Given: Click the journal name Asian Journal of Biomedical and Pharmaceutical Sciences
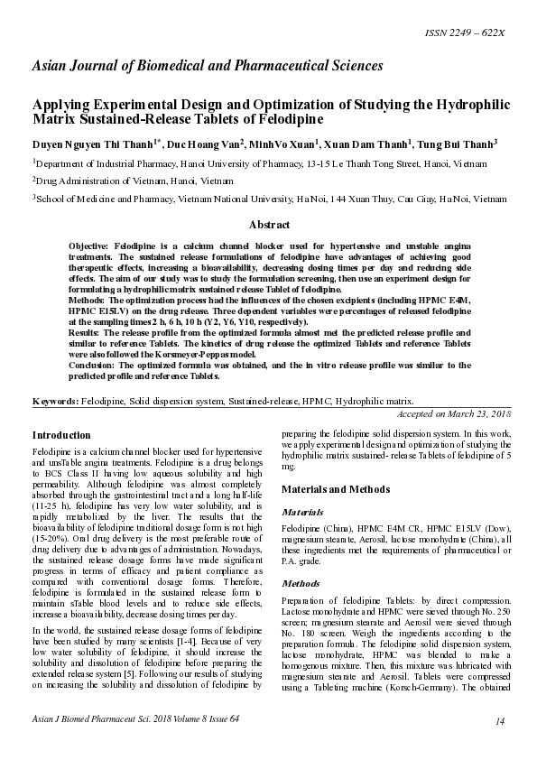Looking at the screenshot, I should point(208,66).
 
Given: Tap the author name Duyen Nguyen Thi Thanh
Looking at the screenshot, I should point(93,144).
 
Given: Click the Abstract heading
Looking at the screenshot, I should point(269,225).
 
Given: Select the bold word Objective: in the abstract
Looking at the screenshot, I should point(92,246).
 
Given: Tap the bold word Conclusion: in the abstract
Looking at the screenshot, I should point(95,366).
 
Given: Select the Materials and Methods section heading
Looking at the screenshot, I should point(337,488).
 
